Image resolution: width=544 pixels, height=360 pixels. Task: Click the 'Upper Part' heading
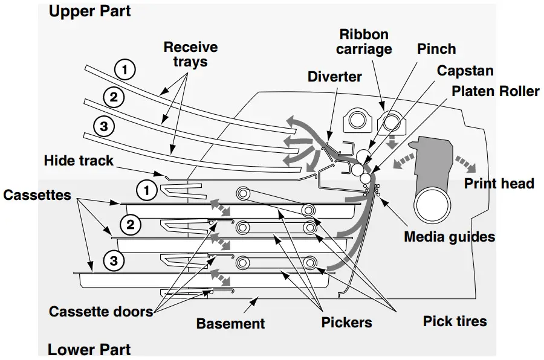pos(89,11)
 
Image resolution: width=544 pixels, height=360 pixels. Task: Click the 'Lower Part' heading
pos(89,349)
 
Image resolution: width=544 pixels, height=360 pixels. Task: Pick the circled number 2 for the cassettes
pos(131,225)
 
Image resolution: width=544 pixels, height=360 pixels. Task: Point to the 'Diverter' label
pos(334,77)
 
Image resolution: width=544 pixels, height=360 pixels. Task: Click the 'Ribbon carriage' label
pos(364,42)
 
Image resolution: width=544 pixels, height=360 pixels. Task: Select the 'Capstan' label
pos(465,71)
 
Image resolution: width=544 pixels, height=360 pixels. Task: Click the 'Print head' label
pos(499,183)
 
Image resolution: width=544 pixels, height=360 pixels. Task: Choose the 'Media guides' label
pos(449,236)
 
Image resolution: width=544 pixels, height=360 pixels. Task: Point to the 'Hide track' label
pos(79,161)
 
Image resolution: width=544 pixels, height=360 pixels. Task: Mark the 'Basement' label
pos(230,323)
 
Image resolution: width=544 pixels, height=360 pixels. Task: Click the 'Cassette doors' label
pos(100,311)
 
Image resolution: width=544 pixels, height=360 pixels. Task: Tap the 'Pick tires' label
pos(455,321)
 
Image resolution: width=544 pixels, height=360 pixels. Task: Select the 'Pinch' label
pos(436,49)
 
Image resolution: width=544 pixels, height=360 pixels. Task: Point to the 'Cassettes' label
pos(37,196)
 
